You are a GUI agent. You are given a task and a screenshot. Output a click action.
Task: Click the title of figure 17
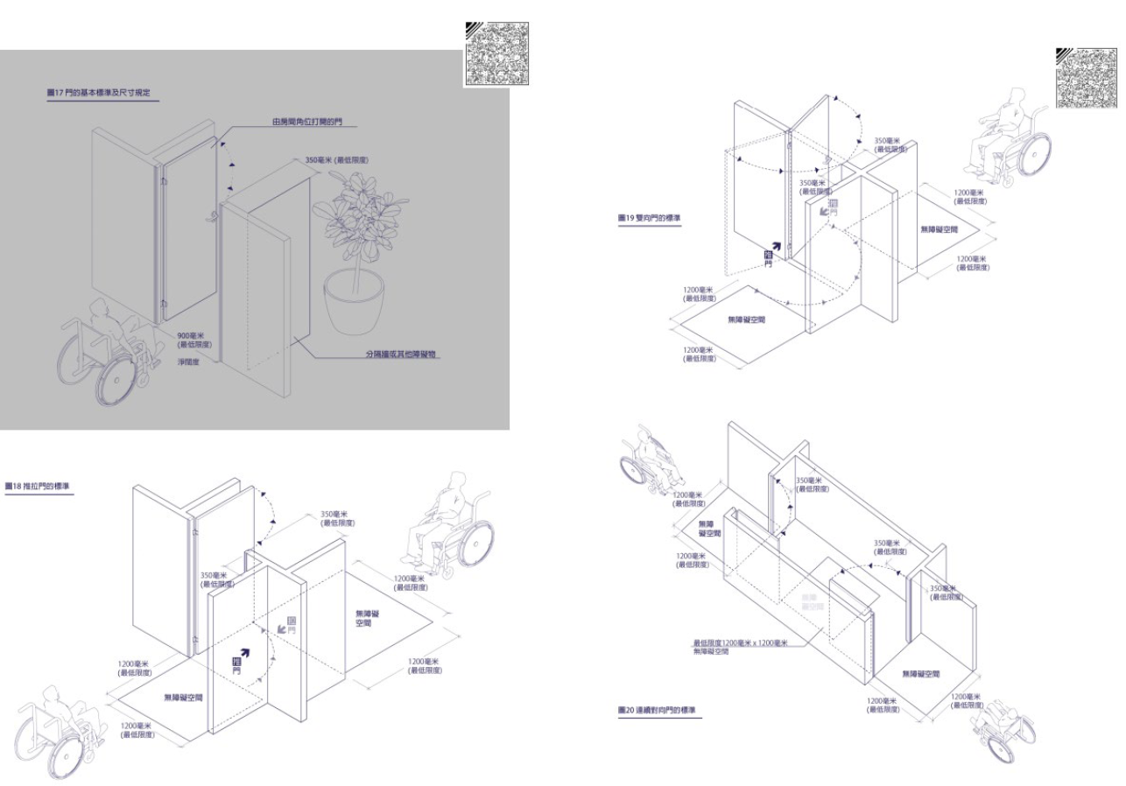102,92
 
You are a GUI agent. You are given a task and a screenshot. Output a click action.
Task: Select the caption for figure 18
39,486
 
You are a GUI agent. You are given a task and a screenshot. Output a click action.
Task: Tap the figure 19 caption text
649,217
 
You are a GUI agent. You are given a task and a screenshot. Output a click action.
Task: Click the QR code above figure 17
496,54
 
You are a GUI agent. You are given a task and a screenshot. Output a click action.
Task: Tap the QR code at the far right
1086,77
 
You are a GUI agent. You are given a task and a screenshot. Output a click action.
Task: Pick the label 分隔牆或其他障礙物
400,354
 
